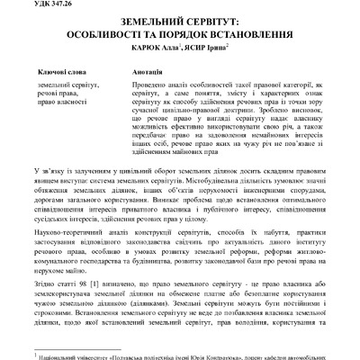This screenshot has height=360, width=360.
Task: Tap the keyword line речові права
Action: tap(61, 93)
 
